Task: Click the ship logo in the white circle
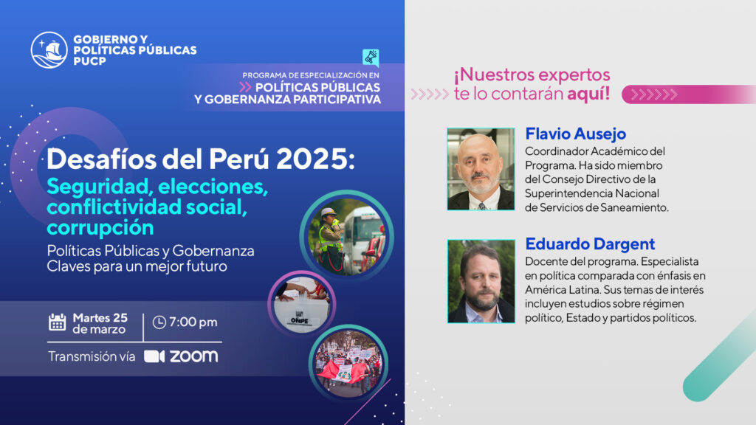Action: click(x=49, y=50)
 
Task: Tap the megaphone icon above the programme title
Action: click(x=371, y=58)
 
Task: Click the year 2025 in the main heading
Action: click(x=315, y=159)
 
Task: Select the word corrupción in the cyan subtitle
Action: click(x=100, y=227)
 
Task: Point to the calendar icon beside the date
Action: click(x=58, y=322)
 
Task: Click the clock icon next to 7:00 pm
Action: click(x=159, y=322)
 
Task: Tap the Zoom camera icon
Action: click(x=154, y=356)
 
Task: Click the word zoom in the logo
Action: click(x=194, y=356)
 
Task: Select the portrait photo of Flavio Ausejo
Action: click(x=481, y=169)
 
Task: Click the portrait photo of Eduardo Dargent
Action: click(x=481, y=281)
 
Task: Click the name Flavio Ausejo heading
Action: click(x=575, y=134)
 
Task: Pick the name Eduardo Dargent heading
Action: click(x=590, y=243)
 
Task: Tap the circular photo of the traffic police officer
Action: click(x=347, y=237)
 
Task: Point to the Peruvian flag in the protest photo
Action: click(x=343, y=372)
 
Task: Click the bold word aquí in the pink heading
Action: click(x=588, y=94)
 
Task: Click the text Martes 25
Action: click(x=100, y=318)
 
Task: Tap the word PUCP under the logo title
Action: click(x=89, y=61)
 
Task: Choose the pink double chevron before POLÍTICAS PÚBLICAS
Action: click(x=245, y=87)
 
